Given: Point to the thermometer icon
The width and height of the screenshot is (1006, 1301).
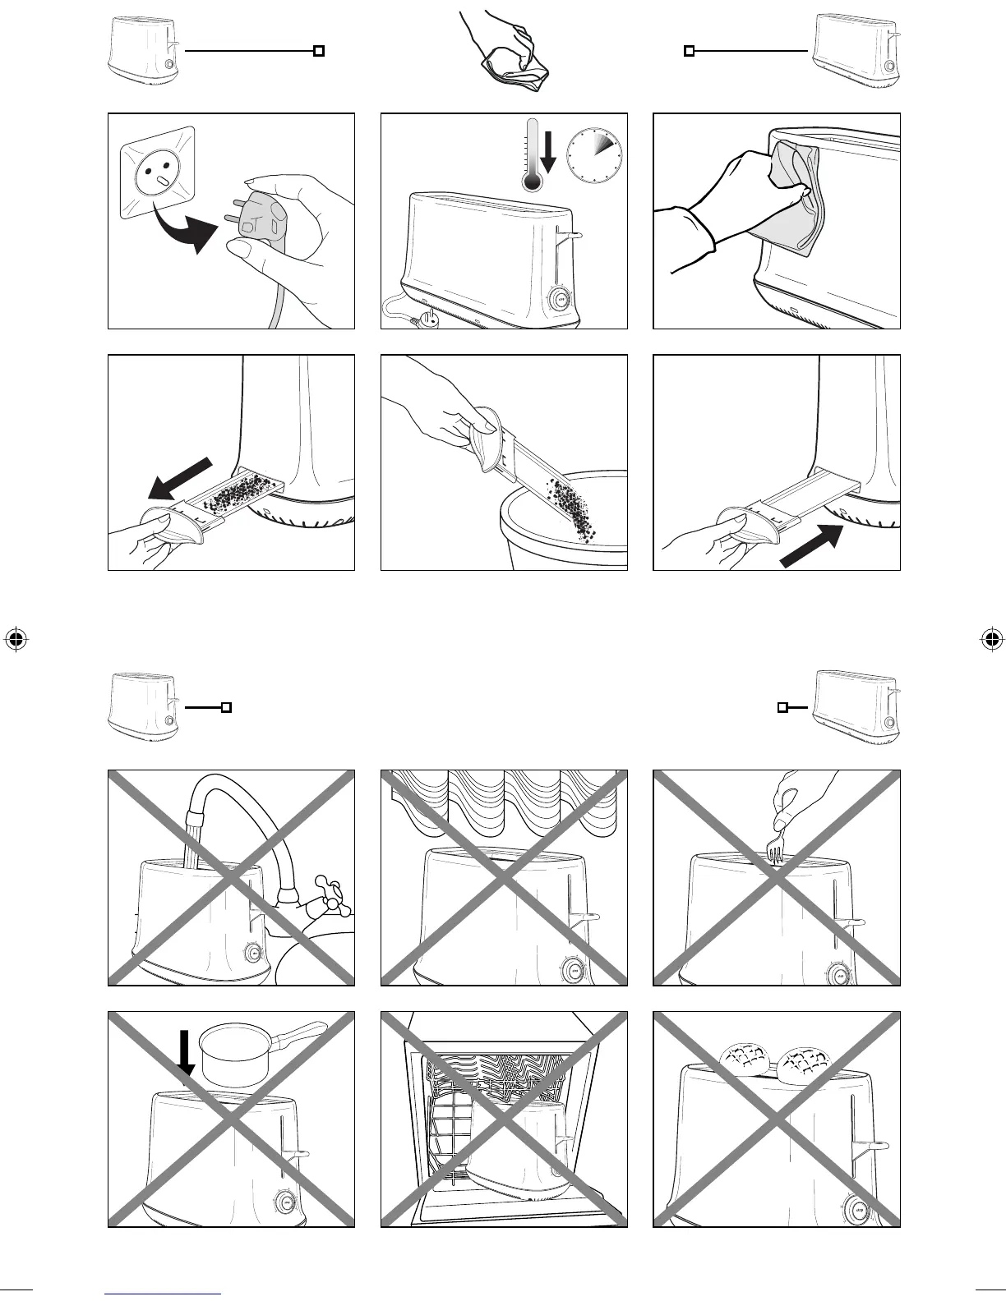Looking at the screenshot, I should pos(532,156).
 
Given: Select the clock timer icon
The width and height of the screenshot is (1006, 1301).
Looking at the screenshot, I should pos(593,155).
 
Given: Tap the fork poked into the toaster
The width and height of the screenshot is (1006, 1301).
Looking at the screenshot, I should pos(774,852).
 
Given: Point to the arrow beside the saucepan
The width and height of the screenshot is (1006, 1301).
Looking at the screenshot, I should pos(187,1053).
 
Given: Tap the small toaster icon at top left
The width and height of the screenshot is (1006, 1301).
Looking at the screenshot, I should pos(143,50).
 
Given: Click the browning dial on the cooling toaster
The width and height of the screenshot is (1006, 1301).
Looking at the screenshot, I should pos(561,298).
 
